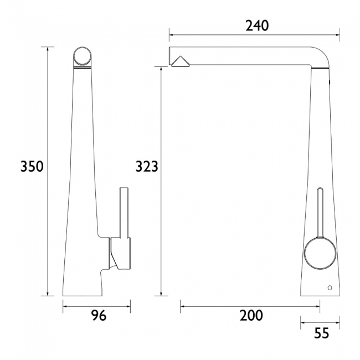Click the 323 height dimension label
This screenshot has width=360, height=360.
tap(147, 166)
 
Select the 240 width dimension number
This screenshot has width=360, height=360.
tap(256, 25)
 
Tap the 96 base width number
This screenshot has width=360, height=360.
tap(97, 316)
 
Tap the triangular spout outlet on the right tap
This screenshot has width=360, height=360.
tap(181, 62)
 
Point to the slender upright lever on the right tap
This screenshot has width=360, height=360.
tap(319, 213)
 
